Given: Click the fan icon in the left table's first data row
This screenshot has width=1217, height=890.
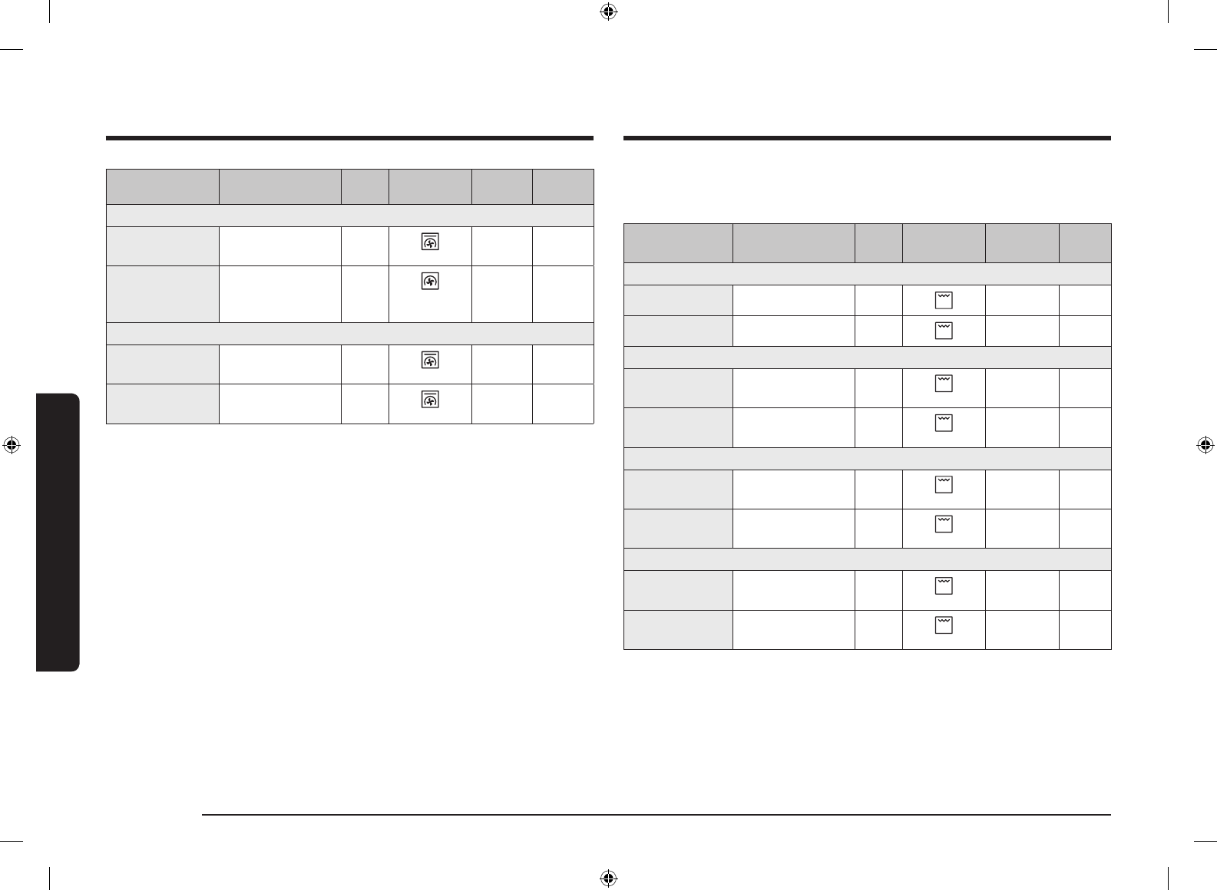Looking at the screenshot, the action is coord(430,242).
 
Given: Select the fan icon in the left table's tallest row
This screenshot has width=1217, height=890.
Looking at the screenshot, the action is coord(430,282).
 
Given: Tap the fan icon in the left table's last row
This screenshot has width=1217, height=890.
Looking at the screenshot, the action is coord(430,399).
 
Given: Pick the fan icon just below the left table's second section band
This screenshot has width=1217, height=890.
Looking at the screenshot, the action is coord(430,360).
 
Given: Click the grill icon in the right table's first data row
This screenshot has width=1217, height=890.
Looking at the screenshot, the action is coord(944,300).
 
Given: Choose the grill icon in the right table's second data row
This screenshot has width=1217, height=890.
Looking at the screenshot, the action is coord(944,331).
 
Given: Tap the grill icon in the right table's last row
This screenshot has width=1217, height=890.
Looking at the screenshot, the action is coord(944,625).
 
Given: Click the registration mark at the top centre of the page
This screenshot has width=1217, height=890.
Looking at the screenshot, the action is coord(608,12).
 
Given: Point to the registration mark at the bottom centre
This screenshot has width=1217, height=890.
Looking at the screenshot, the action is coord(608,878).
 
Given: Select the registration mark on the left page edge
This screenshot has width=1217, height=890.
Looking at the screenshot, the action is coord(12,445).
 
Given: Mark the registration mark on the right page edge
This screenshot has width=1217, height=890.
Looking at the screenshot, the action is coord(1205,445).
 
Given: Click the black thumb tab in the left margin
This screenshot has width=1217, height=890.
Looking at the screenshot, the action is coord(58,532).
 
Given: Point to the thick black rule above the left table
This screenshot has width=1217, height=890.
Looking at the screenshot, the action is coord(349,138).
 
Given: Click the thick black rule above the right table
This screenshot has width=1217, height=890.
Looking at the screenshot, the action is coord(867,138).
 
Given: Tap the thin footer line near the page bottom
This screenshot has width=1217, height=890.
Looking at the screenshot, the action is coord(656,815).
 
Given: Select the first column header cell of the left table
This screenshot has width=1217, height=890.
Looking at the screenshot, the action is coord(162,186).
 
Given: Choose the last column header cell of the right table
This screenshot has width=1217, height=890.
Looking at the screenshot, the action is coord(1085,243).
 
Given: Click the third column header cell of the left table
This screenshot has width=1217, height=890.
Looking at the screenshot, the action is coord(365,186).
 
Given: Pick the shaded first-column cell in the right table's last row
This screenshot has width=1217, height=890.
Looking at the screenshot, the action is coord(678,630).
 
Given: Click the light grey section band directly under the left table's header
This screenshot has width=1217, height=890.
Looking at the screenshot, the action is coord(349,216).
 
